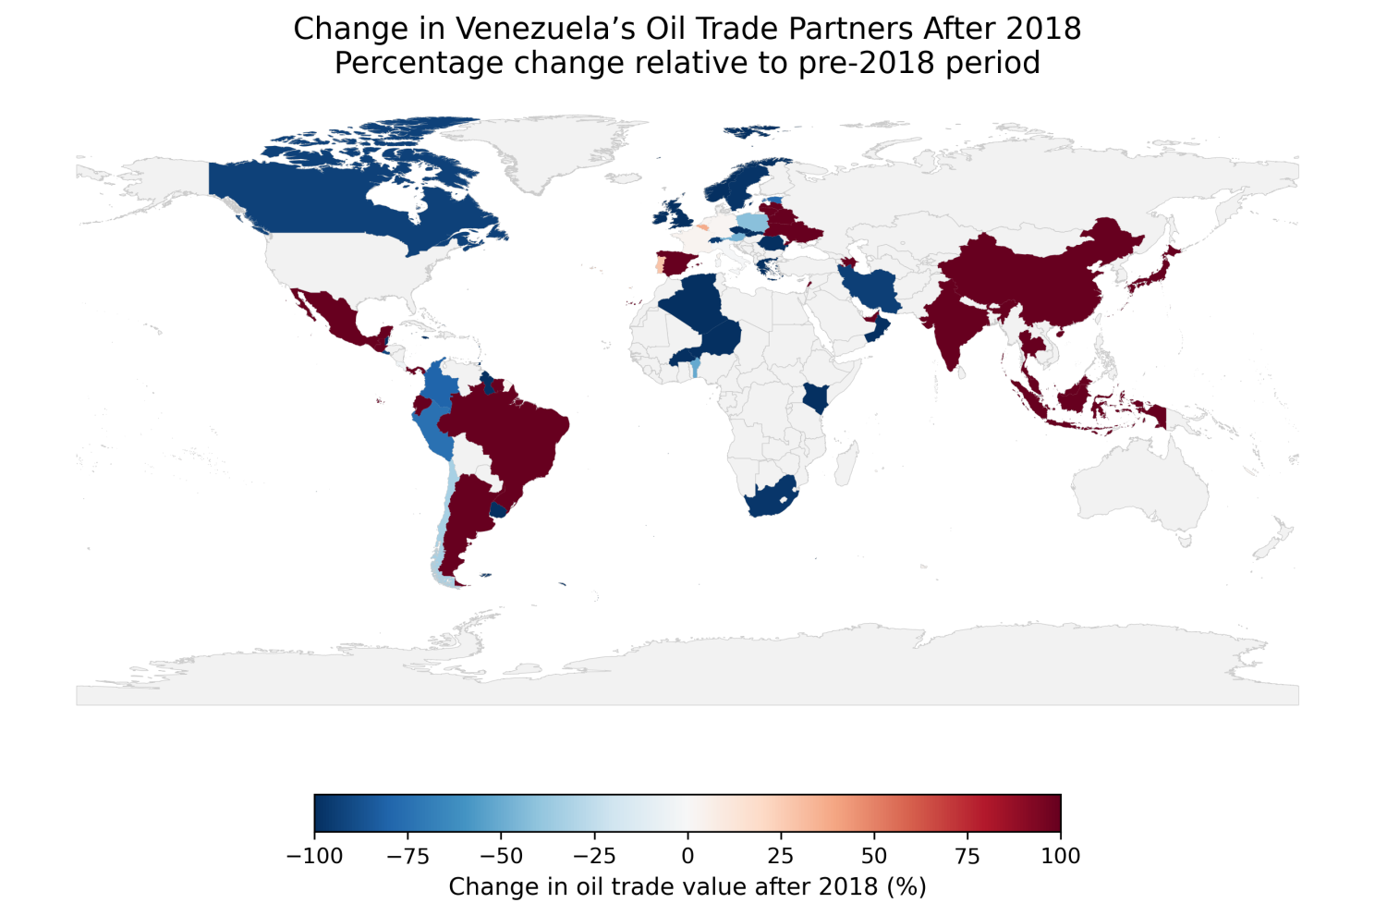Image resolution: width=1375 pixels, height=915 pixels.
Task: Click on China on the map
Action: pos(1035,277)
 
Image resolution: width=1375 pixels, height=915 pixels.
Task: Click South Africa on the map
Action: pos(769,500)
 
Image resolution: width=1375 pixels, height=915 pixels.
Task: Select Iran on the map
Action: pos(873,291)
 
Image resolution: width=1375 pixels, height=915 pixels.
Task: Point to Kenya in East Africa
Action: pos(815,398)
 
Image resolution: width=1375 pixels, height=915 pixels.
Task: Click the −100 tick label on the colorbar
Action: pos(314,856)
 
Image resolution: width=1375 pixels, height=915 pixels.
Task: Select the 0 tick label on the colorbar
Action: pos(687,856)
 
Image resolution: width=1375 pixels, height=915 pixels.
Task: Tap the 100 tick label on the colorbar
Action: pos(1060,856)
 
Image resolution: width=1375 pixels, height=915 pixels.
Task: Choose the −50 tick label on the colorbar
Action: pos(501,856)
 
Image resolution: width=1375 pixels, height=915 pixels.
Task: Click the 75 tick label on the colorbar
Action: pos(967,856)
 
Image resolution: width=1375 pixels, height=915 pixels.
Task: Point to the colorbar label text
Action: pos(687,886)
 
